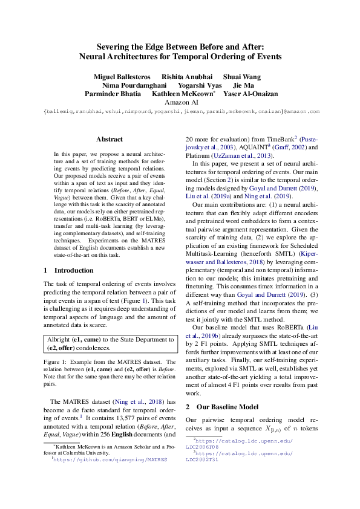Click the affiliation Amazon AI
coord(181,103)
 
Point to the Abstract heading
coord(110,139)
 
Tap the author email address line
coord(181,112)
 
